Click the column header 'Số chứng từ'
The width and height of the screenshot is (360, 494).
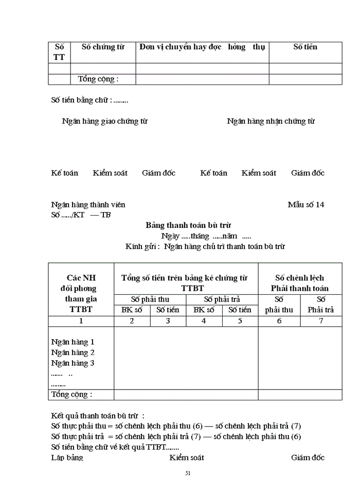103,47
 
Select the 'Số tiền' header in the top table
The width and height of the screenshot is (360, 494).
305,47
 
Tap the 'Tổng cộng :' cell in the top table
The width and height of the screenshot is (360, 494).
98,79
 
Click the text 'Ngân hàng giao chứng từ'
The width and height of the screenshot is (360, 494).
104,121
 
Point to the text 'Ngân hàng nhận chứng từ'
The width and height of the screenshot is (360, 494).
271,121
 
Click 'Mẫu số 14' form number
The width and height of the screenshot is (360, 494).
306,205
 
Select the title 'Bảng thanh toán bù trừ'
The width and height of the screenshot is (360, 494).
188,225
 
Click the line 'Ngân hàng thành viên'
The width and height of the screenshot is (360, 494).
88,205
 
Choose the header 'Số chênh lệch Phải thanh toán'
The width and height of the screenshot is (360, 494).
300,283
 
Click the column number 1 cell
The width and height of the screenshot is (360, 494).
81,321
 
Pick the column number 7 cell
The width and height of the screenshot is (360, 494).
321,321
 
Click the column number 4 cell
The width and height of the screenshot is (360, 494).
204,321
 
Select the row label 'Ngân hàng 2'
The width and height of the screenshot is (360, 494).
73,353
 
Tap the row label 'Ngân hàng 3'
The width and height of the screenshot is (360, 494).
73,363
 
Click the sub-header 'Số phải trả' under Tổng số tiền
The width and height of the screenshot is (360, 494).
222,299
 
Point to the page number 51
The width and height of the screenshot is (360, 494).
188,473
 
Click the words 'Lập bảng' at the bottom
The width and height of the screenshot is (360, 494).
67,457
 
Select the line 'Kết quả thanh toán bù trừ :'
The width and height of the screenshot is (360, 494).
98,415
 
